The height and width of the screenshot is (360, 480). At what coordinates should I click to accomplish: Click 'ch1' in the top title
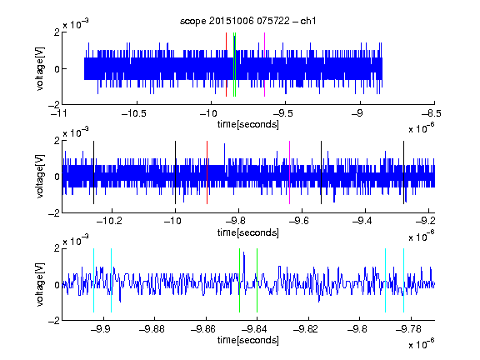tap(308, 21)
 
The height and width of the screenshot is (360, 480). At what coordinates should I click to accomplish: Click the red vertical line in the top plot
tap(226, 65)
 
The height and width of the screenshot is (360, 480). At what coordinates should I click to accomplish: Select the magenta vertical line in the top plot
tap(264, 65)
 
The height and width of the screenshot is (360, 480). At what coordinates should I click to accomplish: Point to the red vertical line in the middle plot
tap(207, 172)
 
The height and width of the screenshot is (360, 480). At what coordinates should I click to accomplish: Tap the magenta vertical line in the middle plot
tap(290, 172)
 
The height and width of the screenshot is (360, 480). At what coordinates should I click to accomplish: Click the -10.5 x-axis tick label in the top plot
tap(134, 114)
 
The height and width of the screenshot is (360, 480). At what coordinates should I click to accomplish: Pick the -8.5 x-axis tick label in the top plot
tap(432, 114)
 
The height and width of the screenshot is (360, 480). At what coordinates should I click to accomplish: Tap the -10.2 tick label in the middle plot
tap(109, 221)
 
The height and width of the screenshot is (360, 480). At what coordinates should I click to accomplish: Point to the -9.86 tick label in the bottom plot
tap(203, 329)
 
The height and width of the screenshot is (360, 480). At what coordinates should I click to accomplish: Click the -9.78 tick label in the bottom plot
tap(408, 329)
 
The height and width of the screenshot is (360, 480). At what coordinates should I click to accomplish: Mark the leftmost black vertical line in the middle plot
tap(93, 172)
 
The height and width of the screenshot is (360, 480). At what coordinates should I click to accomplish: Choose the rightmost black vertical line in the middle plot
tap(404, 172)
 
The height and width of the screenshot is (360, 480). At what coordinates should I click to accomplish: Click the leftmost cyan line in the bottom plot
tap(93, 280)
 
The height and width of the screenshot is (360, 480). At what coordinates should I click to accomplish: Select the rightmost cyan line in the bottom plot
tap(404, 280)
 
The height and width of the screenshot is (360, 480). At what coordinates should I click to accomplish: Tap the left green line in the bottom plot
tap(239, 280)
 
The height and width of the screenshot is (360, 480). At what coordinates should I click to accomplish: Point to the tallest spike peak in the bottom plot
tap(243, 252)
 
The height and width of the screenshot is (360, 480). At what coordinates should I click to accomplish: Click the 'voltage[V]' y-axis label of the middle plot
tap(40, 177)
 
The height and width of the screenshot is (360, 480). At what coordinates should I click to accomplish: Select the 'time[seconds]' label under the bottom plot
tap(248, 340)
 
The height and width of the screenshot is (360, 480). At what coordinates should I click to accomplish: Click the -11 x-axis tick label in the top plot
tap(60, 114)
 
